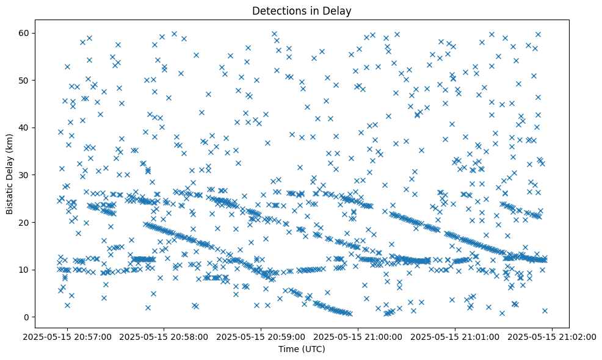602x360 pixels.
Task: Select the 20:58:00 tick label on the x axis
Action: pos(164,336)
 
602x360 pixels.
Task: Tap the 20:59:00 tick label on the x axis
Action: pos(261,336)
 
